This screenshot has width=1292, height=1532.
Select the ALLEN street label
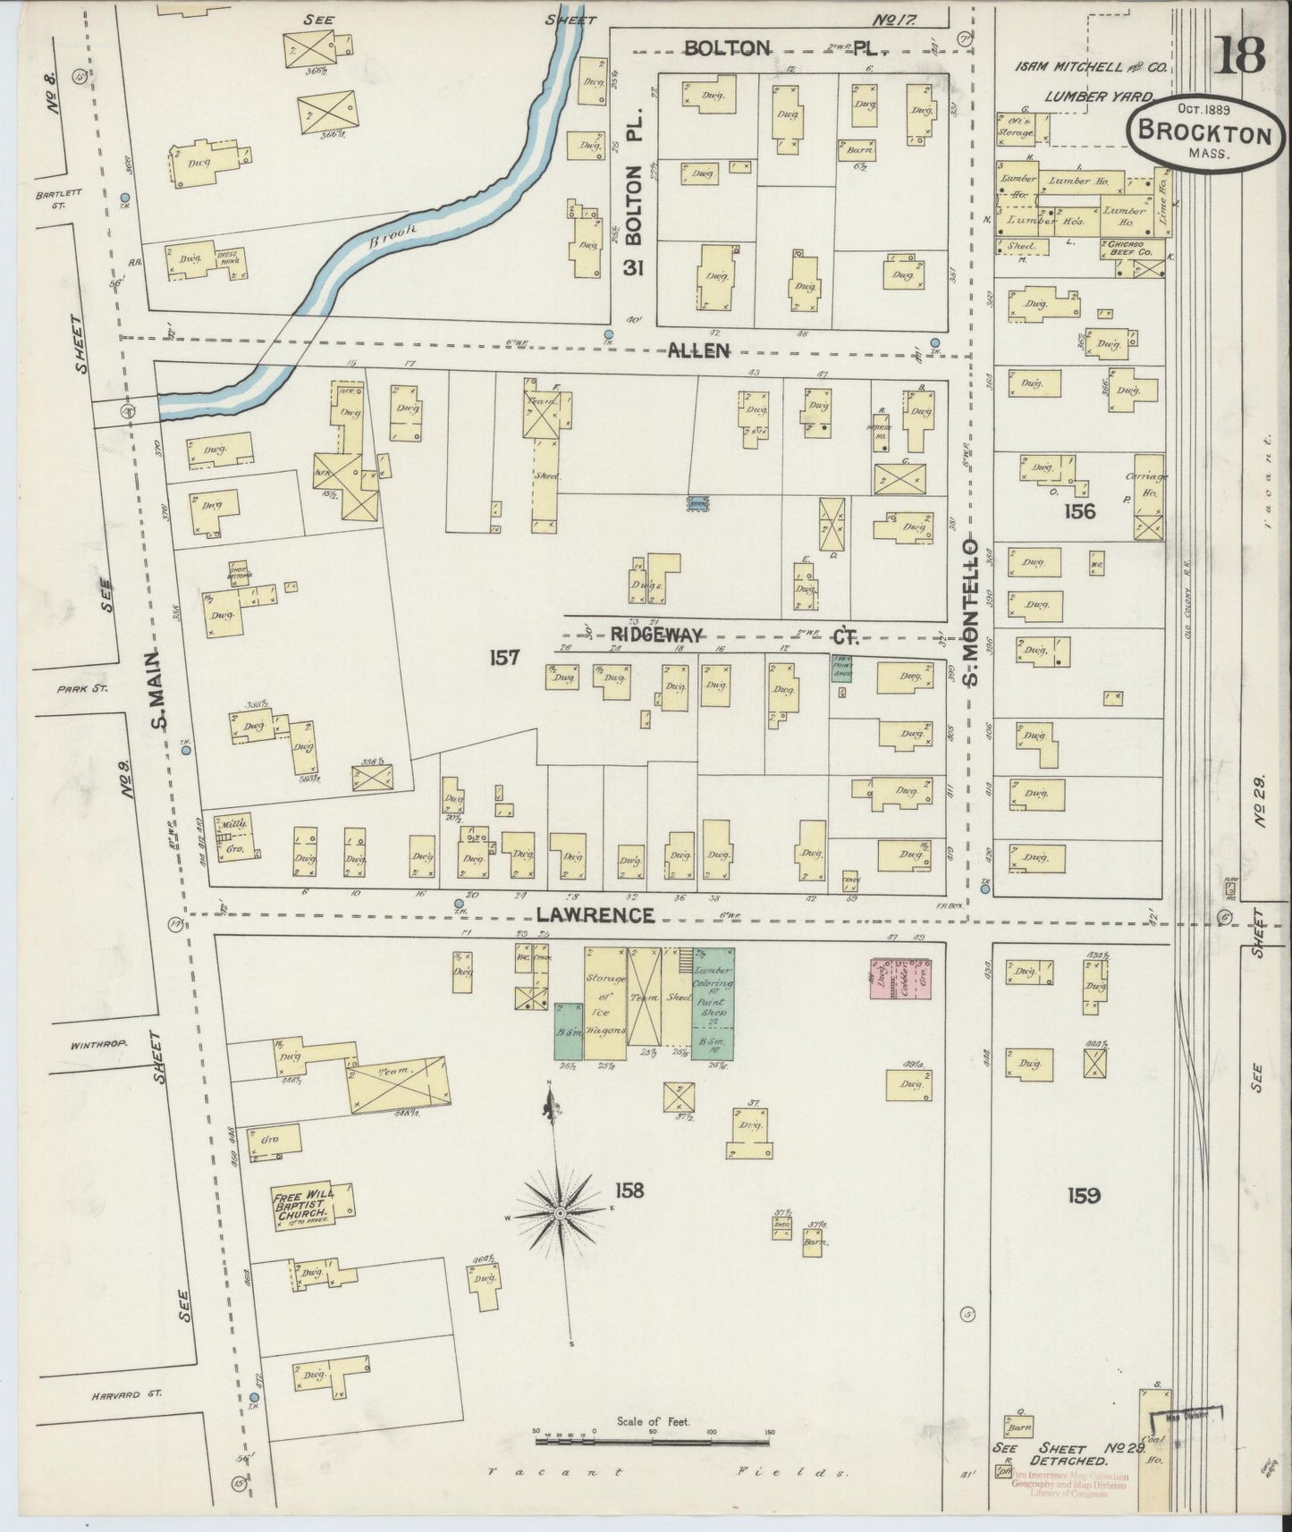[698, 351]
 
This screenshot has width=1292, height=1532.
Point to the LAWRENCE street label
[596, 915]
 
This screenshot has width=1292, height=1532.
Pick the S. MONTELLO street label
[972, 611]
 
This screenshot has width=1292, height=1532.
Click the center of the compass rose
[560, 1212]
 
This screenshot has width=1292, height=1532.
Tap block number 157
[504, 658]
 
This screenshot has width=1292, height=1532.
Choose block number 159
[1082, 1195]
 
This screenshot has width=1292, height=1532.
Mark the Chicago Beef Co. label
[1131, 248]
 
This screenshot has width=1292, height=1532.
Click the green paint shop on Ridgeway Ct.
[841, 669]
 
